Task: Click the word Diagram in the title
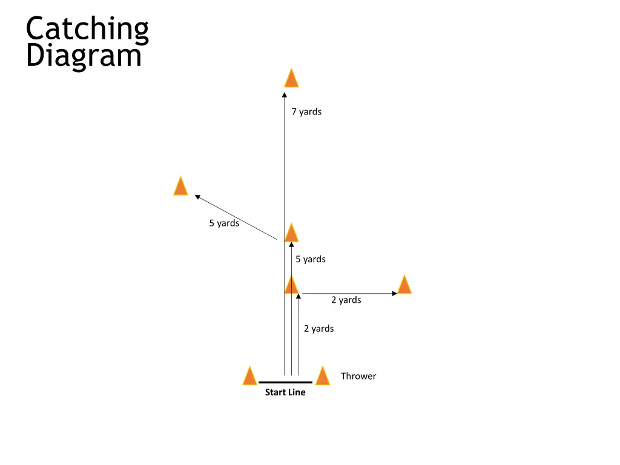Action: click(84, 56)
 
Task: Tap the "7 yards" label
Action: click(306, 111)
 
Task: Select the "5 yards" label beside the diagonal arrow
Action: click(224, 223)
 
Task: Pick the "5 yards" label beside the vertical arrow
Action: click(311, 259)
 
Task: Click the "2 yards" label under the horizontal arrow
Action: click(346, 300)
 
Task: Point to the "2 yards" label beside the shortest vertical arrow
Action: click(318, 329)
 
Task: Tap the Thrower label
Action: click(358, 376)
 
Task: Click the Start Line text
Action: click(285, 392)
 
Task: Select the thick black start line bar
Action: click(285, 383)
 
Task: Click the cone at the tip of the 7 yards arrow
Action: click(291, 78)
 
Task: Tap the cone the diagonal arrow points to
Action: click(180, 186)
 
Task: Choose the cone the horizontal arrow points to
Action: click(404, 284)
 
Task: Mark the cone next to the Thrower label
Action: click(322, 376)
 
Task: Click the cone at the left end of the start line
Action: click(249, 376)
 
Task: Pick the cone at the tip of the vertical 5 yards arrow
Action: click(291, 232)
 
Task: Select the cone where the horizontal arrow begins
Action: click(291, 285)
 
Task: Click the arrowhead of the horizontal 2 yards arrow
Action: click(395, 294)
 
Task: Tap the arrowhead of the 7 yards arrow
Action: click(285, 94)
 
